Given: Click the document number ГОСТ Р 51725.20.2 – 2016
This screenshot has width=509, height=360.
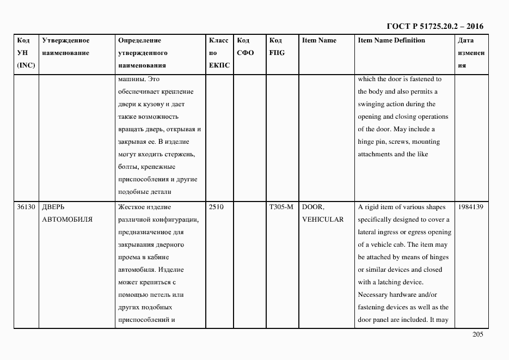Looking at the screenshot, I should [x=434, y=26].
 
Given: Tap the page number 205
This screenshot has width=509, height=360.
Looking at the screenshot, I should [x=477, y=335].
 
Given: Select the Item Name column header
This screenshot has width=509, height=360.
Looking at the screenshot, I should [x=319, y=40].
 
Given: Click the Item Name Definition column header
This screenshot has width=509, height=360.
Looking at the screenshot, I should [x=391, y=40].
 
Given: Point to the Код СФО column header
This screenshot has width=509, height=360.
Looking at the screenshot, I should [x=246, y=47].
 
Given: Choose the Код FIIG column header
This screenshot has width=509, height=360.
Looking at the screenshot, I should [x=277, y=47].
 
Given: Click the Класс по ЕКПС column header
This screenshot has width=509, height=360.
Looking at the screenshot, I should [x=219, y=53].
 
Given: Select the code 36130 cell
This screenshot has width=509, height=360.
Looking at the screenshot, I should [x=26, y=207].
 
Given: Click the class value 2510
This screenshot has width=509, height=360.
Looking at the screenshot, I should [x=216, y=207].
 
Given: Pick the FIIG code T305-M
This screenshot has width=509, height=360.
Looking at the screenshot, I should [x=281, y=207].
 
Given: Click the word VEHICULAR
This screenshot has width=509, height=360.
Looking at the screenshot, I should [x=323, y=219].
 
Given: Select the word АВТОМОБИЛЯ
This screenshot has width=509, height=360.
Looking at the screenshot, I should [x=67, y=219].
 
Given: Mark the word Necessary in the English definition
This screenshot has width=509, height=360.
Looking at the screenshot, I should [x=372, y=295].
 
